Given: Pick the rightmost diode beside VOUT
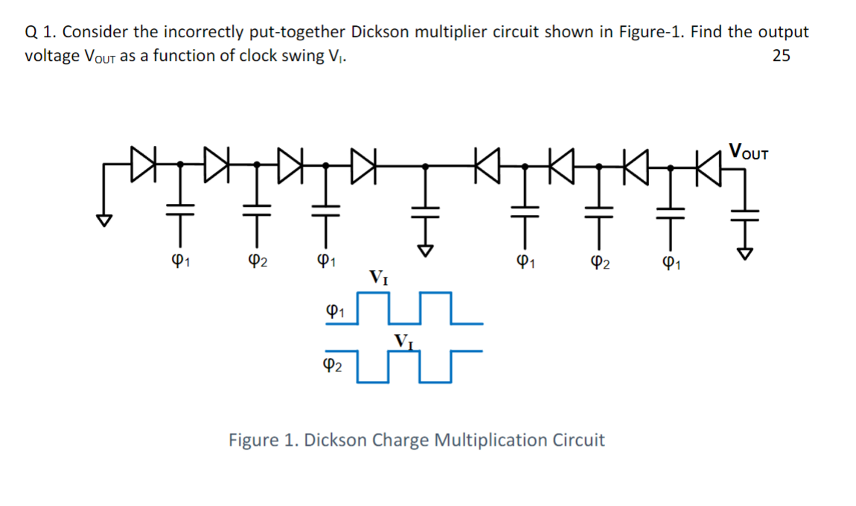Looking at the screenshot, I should [706, 158].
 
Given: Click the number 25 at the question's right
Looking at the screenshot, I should [782, 56].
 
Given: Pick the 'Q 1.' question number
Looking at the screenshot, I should [39, 32].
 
